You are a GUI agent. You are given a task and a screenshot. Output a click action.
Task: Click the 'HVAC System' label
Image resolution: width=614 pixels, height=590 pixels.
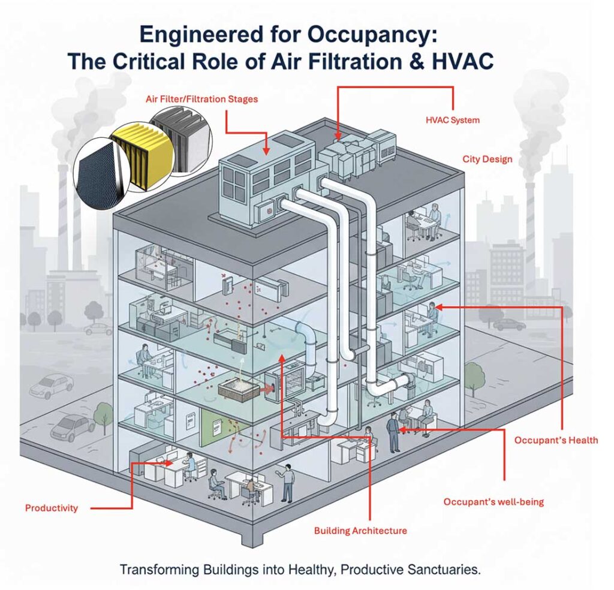tap(453, 120)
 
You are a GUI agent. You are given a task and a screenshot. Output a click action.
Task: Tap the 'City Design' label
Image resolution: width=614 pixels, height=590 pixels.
tap(487, 159)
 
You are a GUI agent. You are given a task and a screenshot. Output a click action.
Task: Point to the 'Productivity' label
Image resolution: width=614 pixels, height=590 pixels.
tap(52, 508)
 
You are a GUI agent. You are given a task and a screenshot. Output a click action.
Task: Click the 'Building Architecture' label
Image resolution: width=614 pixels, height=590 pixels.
tap(360, 531)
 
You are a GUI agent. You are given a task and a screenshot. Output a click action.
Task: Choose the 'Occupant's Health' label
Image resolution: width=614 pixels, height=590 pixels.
tap(556, 440)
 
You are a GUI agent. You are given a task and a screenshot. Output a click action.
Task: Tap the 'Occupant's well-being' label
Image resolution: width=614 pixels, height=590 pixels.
tap(493, 501)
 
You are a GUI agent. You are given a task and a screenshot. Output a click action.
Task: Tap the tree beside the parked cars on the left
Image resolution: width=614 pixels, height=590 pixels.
tap(104, 414)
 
